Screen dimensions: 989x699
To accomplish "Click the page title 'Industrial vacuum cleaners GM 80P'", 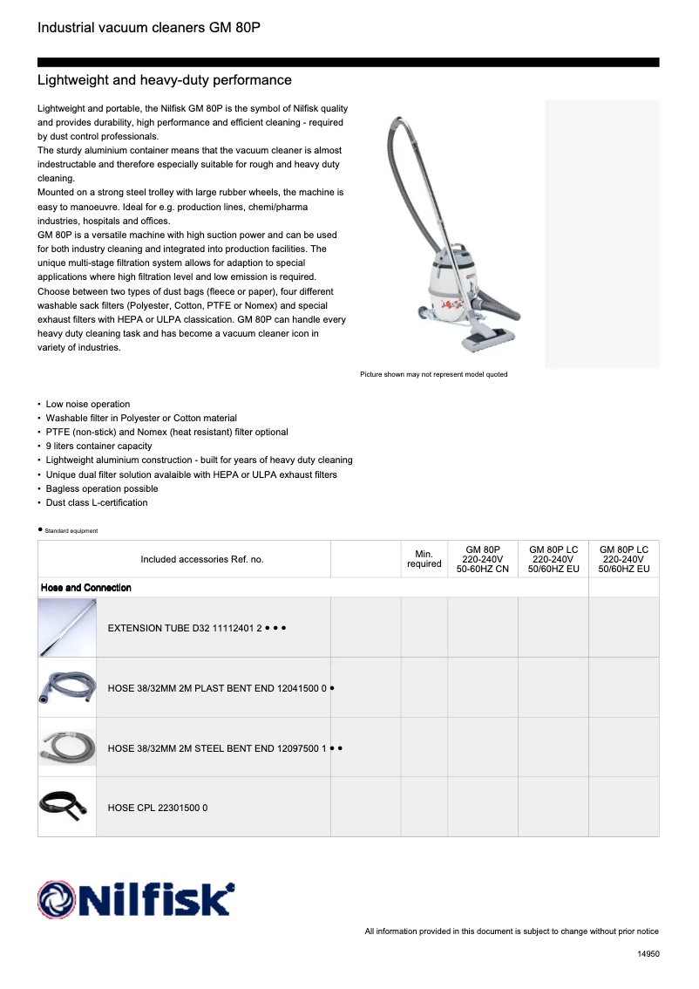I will [149, 28].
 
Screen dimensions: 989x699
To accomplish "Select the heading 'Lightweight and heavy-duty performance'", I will [165, 80].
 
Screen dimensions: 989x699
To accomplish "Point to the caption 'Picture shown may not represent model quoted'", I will [433, 374].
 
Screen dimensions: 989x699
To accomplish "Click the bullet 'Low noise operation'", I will [87, 404].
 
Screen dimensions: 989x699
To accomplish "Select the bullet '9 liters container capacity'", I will [98, 446].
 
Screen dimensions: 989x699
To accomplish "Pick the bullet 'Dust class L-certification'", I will [96, 502].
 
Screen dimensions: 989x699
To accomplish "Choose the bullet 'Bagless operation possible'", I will [101, 488].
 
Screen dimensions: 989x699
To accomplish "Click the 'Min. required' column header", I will [424, 559].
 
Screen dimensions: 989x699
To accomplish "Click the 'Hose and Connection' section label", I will [86, 588].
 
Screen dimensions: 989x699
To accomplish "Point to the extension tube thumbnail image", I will [67, 627].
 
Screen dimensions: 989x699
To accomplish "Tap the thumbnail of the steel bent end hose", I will [67, 747].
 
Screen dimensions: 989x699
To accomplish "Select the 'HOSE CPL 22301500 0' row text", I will [157, 808].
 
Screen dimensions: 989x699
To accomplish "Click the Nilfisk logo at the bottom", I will [135, 898].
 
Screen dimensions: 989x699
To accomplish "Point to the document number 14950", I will [648, 954].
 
